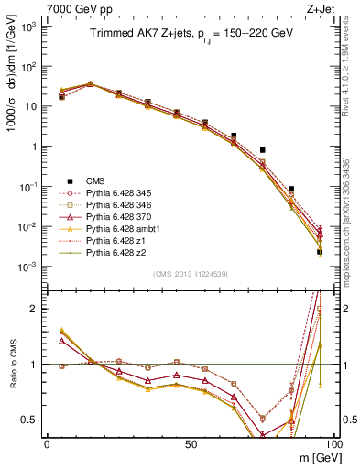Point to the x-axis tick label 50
coord(189,442)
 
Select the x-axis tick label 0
coord(47,442)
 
